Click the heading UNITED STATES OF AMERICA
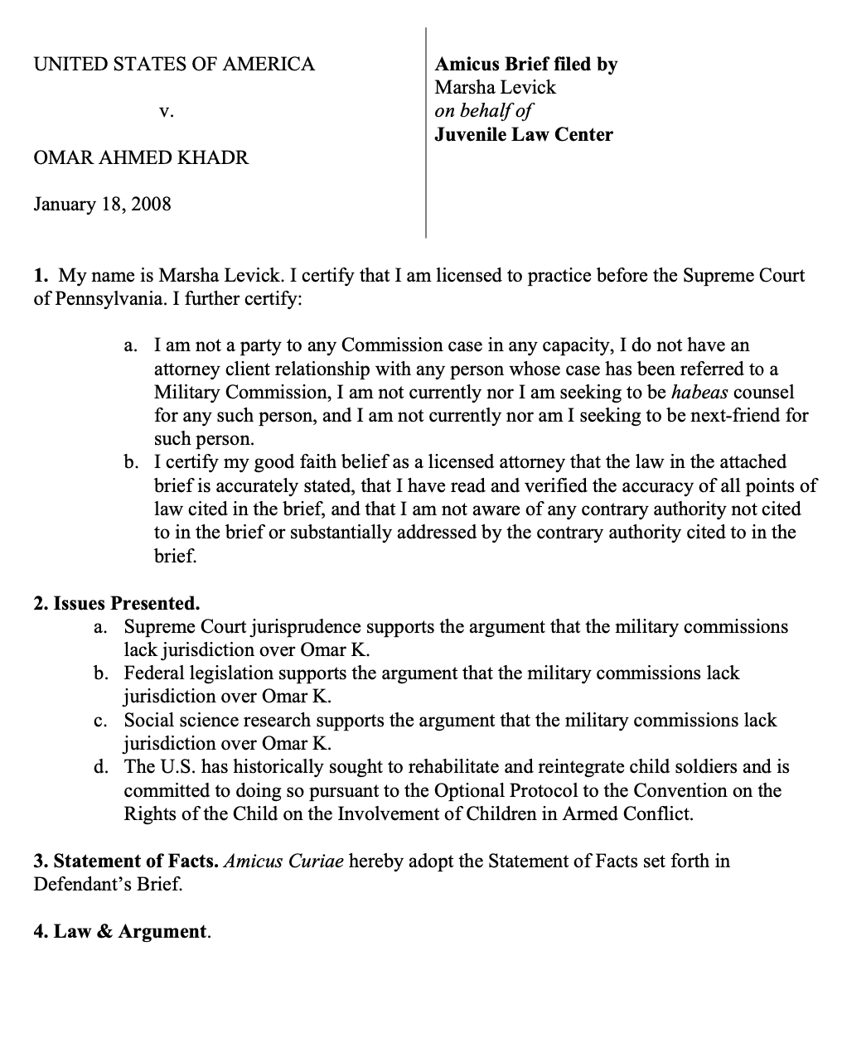coord(174,65)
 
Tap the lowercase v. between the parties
coord(167,111)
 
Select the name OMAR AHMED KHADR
coord(141,157)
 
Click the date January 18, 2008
coord(102,204)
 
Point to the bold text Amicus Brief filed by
coord(526,65)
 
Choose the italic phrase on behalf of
coord(483,111)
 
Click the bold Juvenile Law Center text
coord(524,134)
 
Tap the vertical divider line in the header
coord(426,133)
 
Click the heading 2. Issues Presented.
coord(117,603)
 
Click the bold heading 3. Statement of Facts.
coord(126,861)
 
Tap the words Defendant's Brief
coord(107,884)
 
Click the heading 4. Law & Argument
coord(122,931)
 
